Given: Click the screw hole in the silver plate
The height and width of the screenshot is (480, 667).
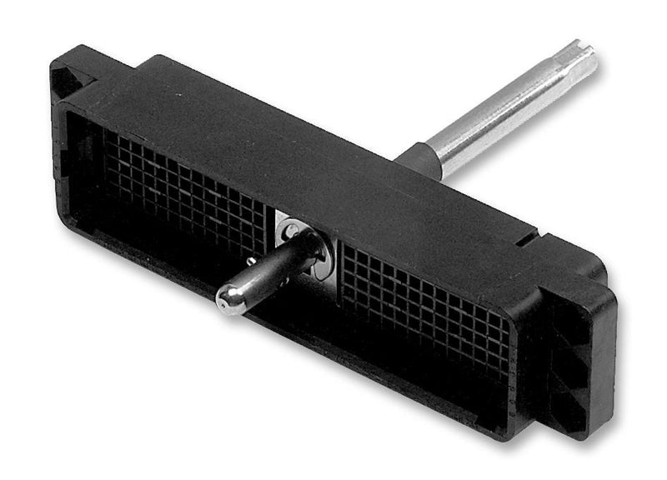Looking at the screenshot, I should click(x=291, y=224).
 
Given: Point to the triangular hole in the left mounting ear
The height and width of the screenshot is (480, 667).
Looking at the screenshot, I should click(x=69, y=80).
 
